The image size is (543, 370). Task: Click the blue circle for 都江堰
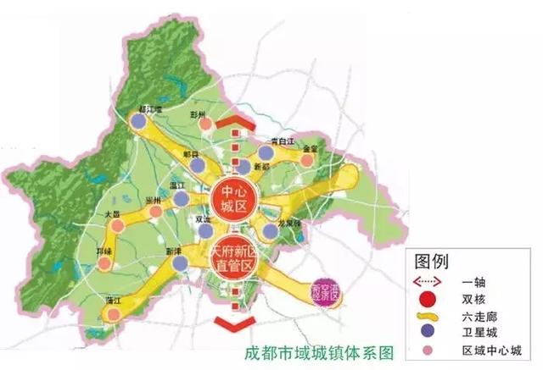[138, 121]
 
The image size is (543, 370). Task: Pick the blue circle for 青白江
[266, 152]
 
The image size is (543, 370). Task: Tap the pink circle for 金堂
[307, 157]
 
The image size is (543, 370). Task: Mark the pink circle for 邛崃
[104, 263]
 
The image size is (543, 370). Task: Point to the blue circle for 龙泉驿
[271, 230]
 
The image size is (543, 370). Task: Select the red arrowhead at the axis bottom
[232, 323]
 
